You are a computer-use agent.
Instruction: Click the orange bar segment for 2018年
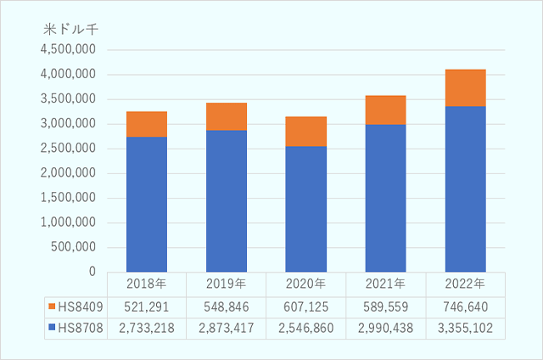[147, 124]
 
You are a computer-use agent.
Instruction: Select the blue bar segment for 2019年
[227, 200]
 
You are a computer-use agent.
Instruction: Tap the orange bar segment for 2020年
[306, 131]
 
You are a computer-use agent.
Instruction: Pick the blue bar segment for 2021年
[386, 198]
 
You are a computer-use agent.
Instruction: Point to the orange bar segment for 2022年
[466, 87]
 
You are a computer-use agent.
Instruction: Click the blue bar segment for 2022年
[466, 188]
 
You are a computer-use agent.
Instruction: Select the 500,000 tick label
[76, 247]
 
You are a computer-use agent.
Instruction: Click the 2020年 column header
[306, 284]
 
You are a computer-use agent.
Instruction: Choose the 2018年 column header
[147, 284]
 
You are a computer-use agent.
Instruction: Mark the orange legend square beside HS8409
[52, 306]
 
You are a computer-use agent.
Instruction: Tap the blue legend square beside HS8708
[52, 328]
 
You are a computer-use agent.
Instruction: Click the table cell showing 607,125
[306, 306]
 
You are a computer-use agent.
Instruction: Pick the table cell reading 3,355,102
[466, 328]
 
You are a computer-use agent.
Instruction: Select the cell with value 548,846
[227, 306]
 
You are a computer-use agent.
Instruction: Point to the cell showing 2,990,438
[386, 328]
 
